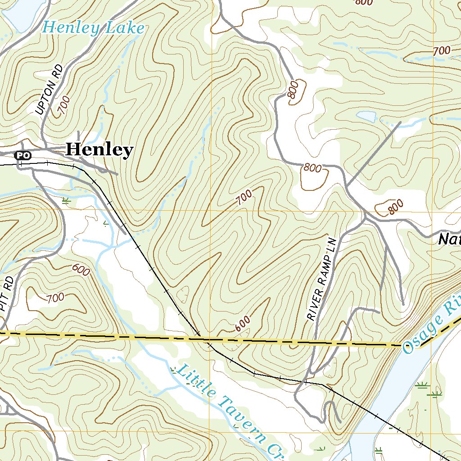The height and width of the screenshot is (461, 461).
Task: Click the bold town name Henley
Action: click(99, 149)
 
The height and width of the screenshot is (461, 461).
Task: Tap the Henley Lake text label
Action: click(93, 28)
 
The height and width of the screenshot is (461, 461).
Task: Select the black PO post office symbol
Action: click(23, 155)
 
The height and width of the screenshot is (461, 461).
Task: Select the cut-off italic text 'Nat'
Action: click(449, 240)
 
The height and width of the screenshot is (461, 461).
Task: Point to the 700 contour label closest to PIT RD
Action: click(55, 297)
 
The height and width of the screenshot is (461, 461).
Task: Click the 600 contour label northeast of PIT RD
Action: click(81, 270)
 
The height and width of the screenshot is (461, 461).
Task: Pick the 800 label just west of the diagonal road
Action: click(312, 168)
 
